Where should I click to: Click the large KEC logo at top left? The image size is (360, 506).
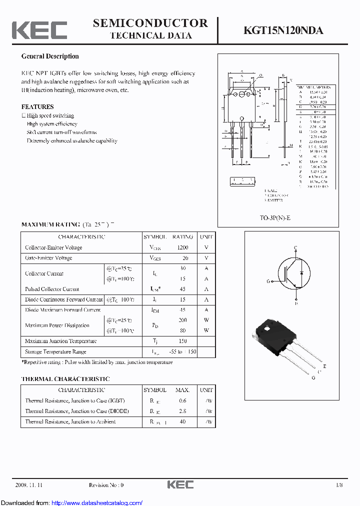coord(39,30)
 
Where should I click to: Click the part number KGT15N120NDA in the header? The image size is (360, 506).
coord(283,30)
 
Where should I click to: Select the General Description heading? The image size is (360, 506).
coord(50,56)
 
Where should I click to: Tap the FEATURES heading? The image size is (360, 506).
coord(37,106)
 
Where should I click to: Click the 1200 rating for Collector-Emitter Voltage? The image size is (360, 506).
coord(183,247)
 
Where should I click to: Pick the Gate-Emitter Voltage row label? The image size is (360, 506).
coord(48,258)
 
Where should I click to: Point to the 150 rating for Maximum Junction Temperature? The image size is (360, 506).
coord(183,341)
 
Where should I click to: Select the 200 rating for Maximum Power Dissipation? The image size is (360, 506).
coord(183,320)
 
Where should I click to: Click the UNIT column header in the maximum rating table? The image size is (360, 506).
coord(206,237)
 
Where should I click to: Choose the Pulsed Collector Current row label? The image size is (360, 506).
coord(52,289)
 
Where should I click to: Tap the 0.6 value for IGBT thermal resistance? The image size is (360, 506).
coord(182,400)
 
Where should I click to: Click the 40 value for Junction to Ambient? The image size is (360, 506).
coord(182,421)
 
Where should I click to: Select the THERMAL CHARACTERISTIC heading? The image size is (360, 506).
coord(65,379)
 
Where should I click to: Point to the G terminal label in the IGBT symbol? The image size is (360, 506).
coord(268,281)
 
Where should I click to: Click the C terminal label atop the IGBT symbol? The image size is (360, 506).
coord(295,248)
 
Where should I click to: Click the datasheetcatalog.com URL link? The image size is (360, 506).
coord(97,503)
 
